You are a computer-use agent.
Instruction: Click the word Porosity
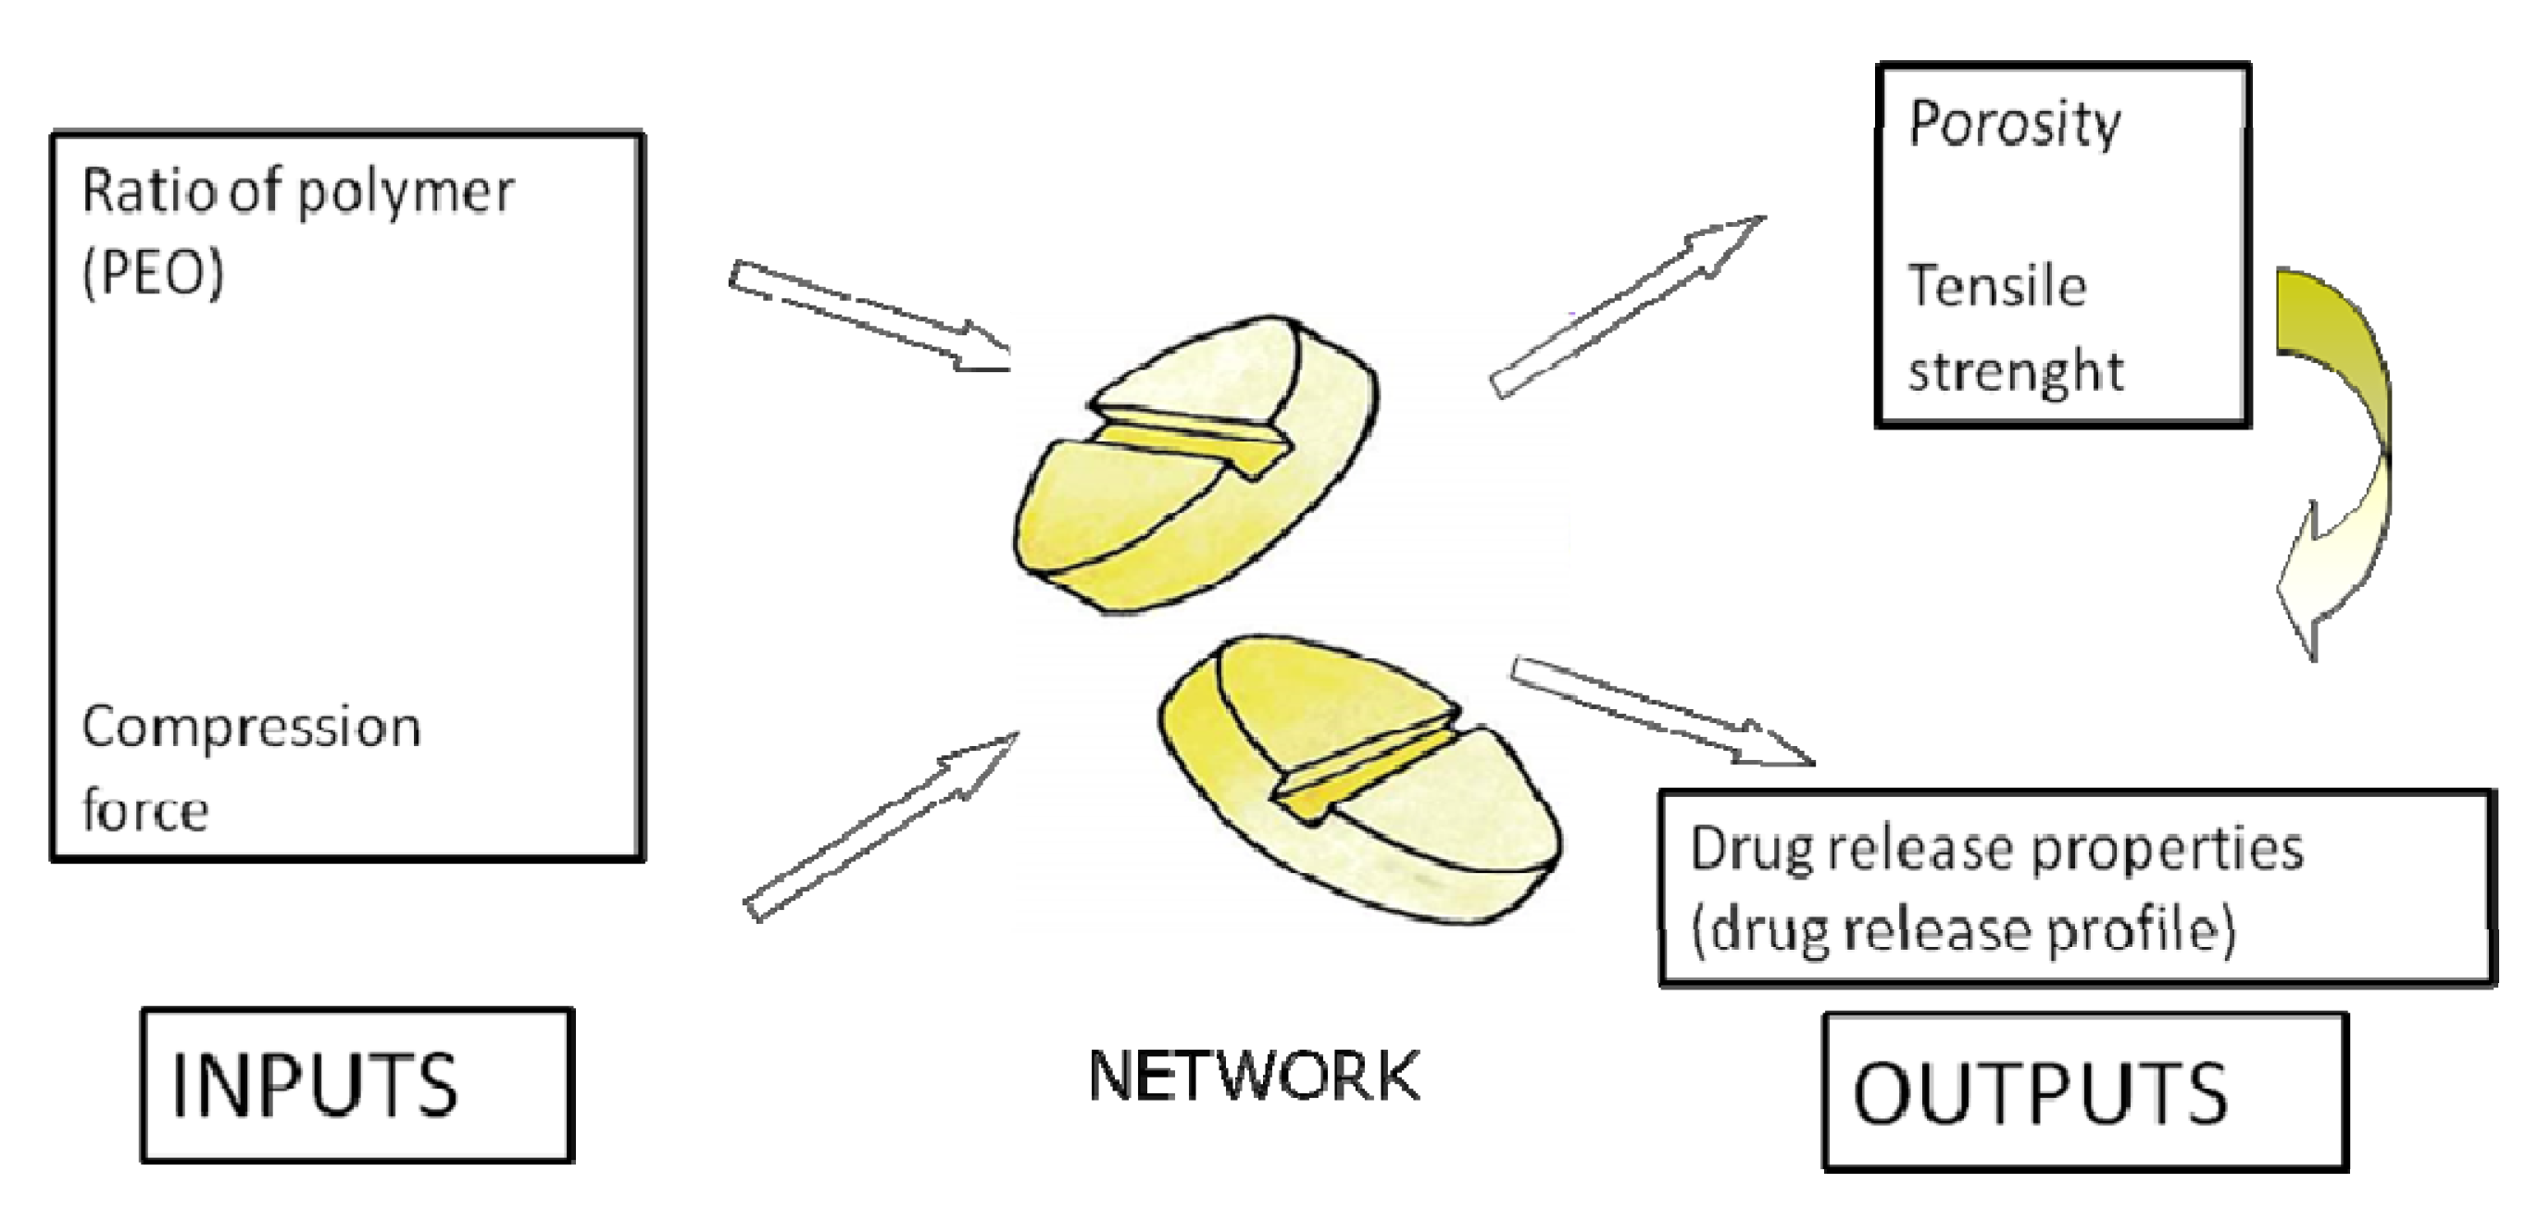point(2014,126)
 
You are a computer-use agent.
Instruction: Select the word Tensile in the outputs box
point(1995,286)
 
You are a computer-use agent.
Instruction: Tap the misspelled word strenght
point(2015,371)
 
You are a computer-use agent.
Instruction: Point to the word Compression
point(251,728)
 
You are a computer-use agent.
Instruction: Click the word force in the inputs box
point(145,811)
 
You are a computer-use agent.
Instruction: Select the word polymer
point(405,192)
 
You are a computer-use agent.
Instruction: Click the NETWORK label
point(1254,1076)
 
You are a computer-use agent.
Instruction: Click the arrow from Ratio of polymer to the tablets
point(868,316)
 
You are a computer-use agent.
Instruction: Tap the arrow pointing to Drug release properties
point(1662,711)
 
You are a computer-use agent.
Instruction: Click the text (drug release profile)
point(1962,930)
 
